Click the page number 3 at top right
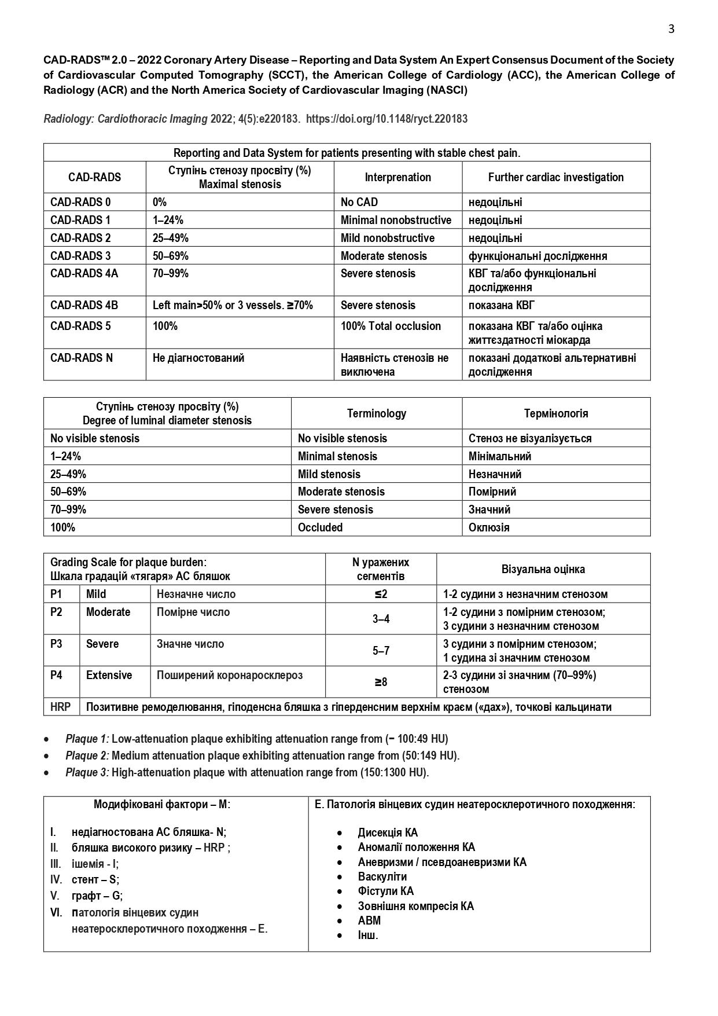pyautogui.click(x=671, y=29)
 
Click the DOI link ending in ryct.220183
pyautogui.click(x=386, y=119)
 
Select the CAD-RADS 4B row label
pyautogui.click(x=84, y=305)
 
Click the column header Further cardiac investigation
pyautogui.click(x=555, y=177)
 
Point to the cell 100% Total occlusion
pyautogui.click(x=391, y=326)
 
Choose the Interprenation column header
pyautogui.click(x=397, y=177)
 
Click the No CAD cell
pyautogui.click(x=359, y=202)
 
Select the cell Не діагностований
pyautogui.click(x=198, y=358)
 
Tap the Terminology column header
pyautogui.click(x=376, y=413)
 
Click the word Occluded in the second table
pyautogui.click(x=320, y=527)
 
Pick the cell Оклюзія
pyautogui.click(x=489, y=527)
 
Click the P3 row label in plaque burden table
pyautogui.click(x=57, y=644)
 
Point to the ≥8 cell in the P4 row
pyautogui.click(x=381, y=682)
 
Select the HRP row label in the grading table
pyautogui.click(x=61, y=707)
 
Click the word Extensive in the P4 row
pyautogui.click(x=109, y=675)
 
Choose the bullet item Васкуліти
pyautogui.click(x=382, y=876)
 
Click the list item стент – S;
pyautogui.click(x=95, y=879)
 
